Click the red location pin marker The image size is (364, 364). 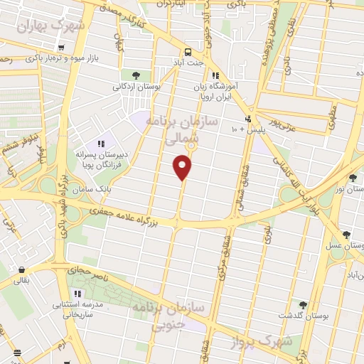pos(183,166)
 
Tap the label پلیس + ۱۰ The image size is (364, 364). pos(244,130)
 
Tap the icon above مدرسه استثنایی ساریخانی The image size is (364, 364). pos(77,293)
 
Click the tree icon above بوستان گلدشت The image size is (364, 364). pos(303,304)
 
